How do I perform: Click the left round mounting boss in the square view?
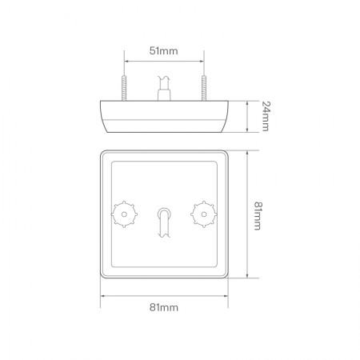pyautogui.click(x=125, y=214)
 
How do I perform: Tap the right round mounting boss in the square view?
pyautogui.click(x=202, y=214)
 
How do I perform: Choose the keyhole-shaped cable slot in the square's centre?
pyautogui.click(x=164, y=221)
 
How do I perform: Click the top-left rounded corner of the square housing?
pyautogui.click(x=103, y=154)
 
